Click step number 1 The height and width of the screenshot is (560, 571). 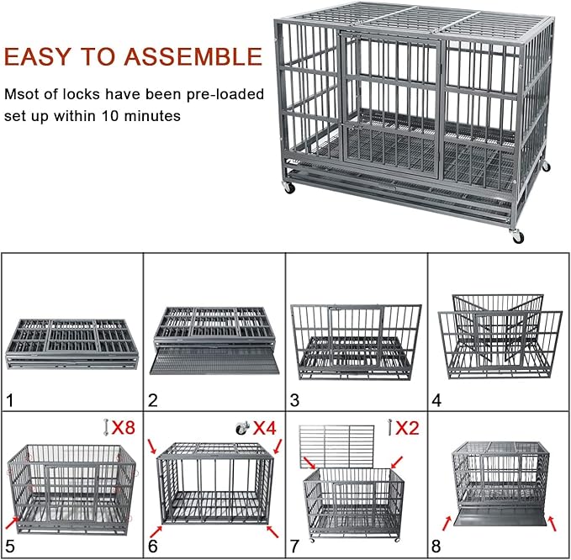click(10, 400)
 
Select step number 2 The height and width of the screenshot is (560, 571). click(152, 400)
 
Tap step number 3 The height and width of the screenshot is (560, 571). click(295, 400)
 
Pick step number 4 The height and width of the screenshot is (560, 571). click(436, 400)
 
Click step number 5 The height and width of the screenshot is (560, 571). click(10, 547)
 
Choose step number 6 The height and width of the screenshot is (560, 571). click(152, 547)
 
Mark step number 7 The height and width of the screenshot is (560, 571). click(295, 547)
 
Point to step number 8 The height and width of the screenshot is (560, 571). click(436, 547)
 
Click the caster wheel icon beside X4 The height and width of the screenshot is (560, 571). click(241, 427)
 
